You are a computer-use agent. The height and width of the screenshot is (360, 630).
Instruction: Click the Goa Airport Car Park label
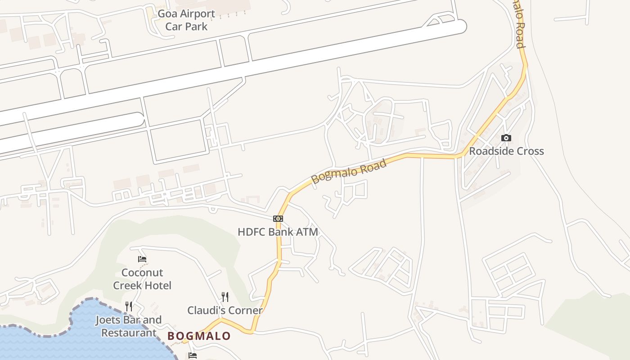tap(186, 20)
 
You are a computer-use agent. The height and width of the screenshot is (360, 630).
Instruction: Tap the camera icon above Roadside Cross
tap(506, 138)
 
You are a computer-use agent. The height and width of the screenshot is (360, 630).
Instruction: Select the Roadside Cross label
tap(506, 151)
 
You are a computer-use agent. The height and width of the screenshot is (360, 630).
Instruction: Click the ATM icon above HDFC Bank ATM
tap(278, 219)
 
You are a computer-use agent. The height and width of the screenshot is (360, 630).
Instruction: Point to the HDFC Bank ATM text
tap(278, 232)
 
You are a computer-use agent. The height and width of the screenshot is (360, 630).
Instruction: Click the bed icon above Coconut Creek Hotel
tap(142, 259)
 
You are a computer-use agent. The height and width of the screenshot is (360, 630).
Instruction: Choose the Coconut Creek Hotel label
tap(142, 279)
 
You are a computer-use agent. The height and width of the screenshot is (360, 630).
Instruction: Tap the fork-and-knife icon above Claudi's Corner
tap(225, 297)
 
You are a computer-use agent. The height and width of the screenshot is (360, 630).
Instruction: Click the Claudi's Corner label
tap(225, 310)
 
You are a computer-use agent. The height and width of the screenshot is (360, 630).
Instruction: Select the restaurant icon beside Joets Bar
tap(129, 306)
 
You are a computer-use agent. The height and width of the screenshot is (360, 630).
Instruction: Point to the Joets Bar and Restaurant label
tap(129, 327)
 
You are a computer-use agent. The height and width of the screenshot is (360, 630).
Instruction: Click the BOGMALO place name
tap(199, 336)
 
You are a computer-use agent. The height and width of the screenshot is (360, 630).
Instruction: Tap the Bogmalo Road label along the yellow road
tap(349, 171)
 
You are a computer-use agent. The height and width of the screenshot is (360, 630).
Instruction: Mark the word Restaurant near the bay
tap(129, 333)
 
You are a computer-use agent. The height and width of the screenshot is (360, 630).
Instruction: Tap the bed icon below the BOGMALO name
tap(193, 355)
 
